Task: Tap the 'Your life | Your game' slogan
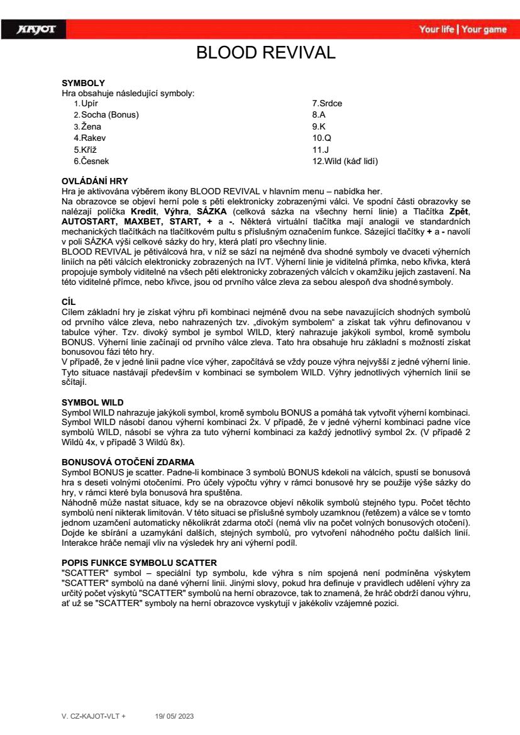462,30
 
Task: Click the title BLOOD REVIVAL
266,52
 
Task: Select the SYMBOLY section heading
83,83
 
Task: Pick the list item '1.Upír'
86,103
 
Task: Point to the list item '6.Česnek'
91,162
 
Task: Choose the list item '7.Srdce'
327,103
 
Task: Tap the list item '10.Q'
321,138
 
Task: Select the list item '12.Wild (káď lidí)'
345,162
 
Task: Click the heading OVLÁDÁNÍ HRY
94,181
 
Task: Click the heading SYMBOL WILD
92,402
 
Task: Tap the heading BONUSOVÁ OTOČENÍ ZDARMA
128,462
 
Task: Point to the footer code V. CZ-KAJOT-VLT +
93,716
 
